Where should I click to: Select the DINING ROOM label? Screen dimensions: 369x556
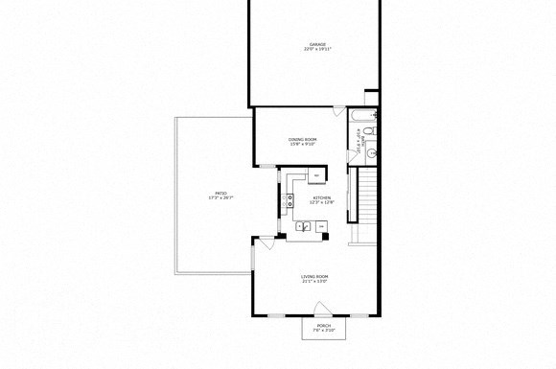[x=302, y=140]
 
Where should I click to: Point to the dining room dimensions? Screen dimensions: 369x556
[x=302, y=145]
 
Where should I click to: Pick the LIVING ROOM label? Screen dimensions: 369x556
[x=314, y=276]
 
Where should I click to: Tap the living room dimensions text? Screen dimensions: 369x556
[x=314, y=282]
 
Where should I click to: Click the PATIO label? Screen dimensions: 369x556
[x=220, y=193]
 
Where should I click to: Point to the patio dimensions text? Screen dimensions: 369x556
[x=220, y=197]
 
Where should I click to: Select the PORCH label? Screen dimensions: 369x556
[x=324, y=325]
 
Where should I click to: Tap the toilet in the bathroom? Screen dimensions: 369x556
[x=371, y=131]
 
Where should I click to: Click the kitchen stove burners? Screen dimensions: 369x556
[x=289, y=200]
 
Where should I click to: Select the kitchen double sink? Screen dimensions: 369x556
[x=303, y=227]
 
